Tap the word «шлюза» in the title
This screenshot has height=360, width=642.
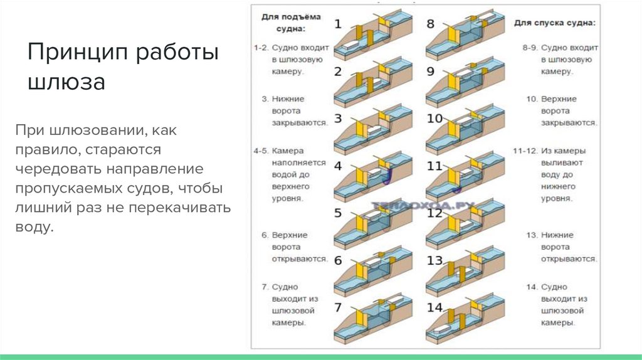[66, 82]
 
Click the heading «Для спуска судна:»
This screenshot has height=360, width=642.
[555, 23]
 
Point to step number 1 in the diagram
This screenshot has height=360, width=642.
[338, 25]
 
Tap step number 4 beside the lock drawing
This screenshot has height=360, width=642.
[338, 166]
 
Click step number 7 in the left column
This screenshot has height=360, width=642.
[338, 307]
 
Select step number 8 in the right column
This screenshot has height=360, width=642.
[430, 24]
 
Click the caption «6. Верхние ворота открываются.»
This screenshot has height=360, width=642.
[293, 247]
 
